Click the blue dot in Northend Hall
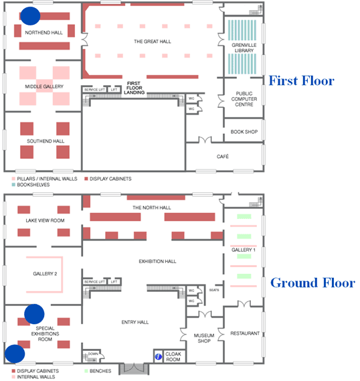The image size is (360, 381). (x=30, y=15)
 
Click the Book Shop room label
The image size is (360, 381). (x=244, y=132)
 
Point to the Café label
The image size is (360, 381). (x=222, y=156)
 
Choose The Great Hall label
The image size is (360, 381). (x=152, y=42)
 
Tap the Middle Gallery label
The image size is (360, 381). (x=44, y=87)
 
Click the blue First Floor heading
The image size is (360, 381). (x=300, y=81)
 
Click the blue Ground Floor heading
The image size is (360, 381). (x=312, y=283)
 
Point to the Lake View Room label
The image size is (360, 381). (x=45, y=220)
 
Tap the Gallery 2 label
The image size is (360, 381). (x=45, y=273)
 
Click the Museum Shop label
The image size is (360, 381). (x=203, y=338)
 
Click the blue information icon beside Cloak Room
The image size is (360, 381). (x=159, y=356)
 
